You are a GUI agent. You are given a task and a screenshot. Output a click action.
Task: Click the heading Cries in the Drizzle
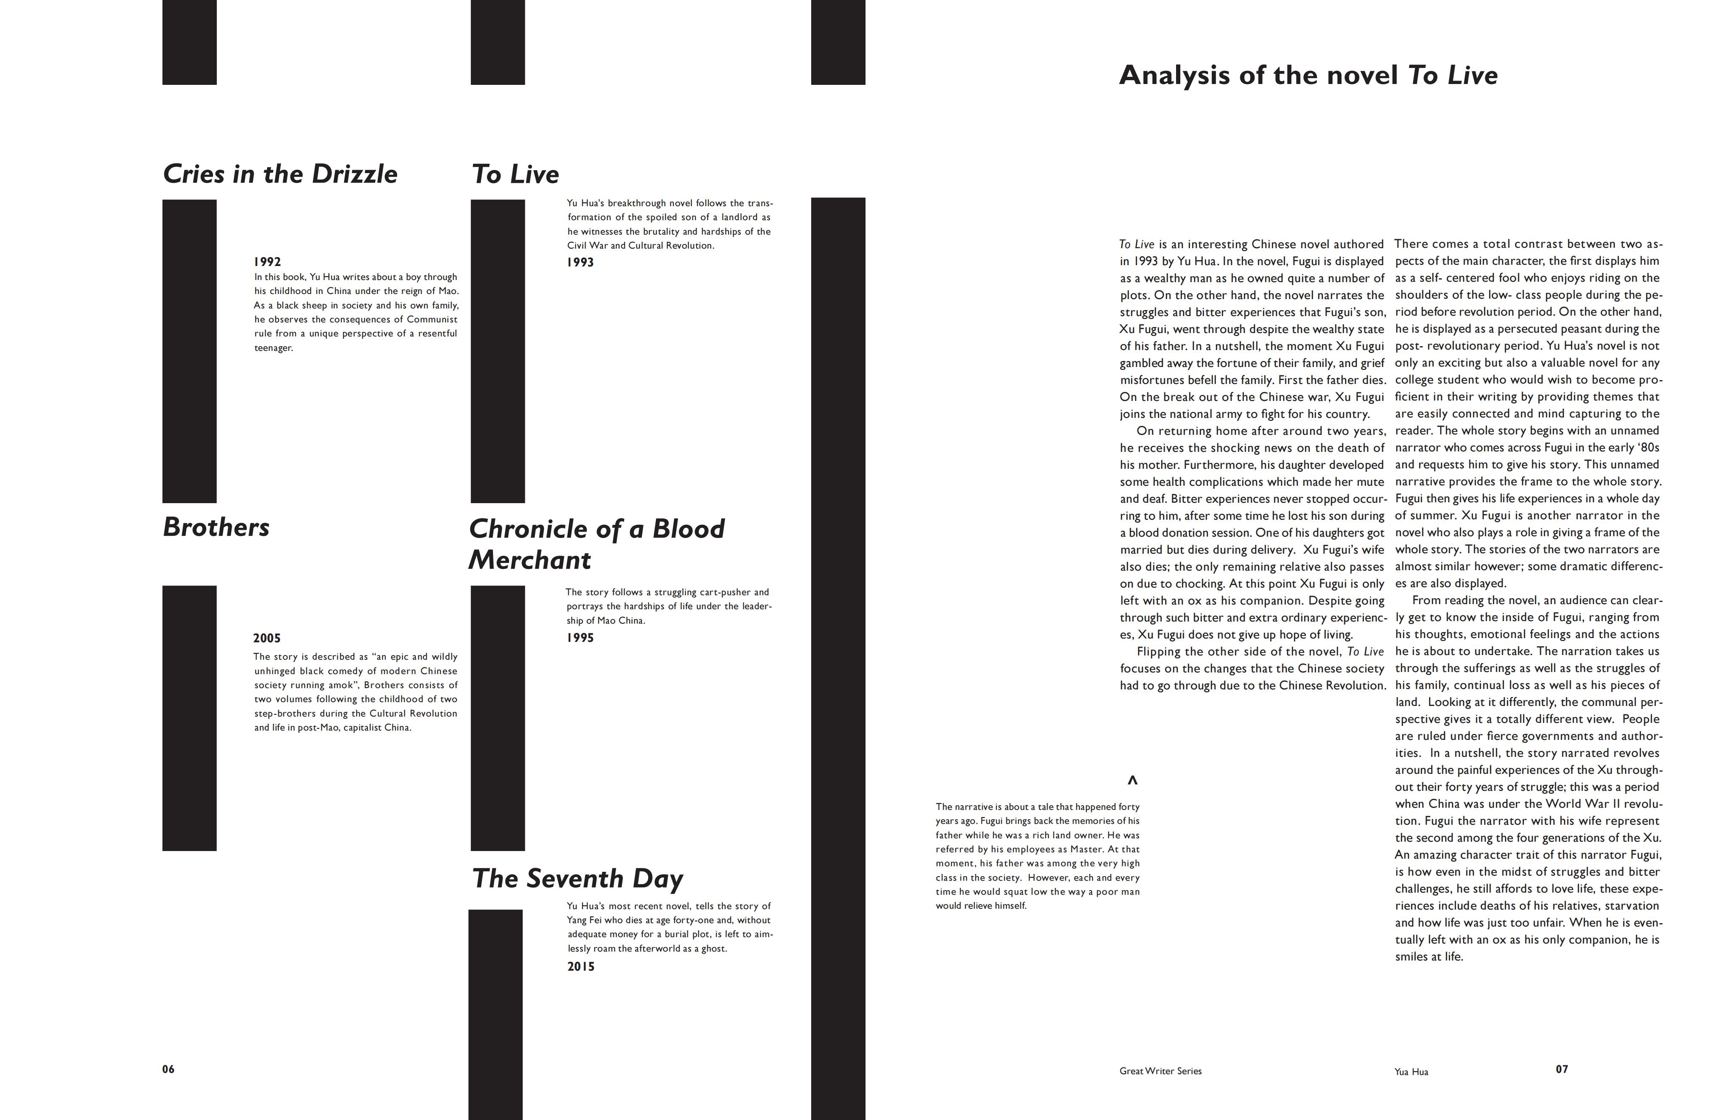[280, 174]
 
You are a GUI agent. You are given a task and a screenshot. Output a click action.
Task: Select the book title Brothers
[216, 527]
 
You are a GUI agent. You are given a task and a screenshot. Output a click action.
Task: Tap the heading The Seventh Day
[577, 879]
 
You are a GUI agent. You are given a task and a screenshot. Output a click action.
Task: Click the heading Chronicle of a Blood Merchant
[597, 544]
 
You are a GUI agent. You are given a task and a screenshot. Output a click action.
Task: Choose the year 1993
[580, 263]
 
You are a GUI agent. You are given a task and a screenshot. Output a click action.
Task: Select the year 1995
[580, 638]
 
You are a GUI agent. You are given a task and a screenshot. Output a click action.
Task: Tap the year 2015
[581, 966]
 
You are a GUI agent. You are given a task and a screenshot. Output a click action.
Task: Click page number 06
[168, 1069]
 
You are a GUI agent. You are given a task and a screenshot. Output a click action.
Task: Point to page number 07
[1562, 1069]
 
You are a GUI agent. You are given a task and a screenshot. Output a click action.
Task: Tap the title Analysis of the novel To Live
[1308, 76]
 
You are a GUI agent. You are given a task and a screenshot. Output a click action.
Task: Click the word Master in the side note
[1087, 849]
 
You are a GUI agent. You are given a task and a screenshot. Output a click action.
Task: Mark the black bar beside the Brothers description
[189, 718]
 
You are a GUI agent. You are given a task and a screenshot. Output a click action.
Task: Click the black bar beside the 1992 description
[189, 351]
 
